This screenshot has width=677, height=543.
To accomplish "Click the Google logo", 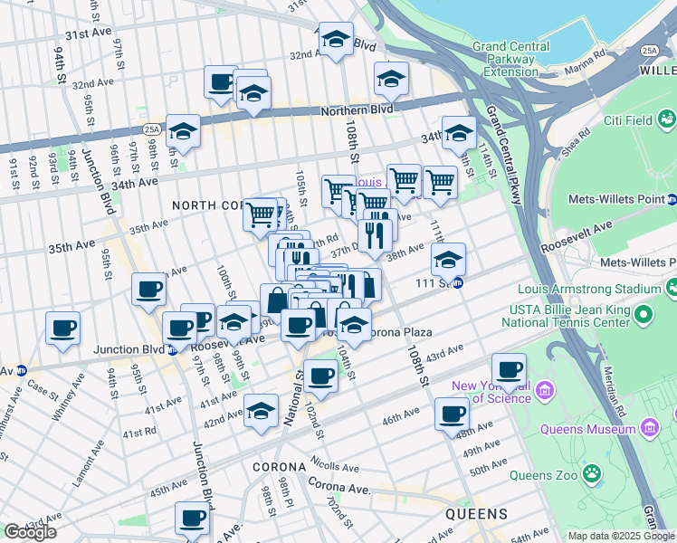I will coord(30,532).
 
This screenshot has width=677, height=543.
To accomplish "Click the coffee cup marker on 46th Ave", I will coord(452,414).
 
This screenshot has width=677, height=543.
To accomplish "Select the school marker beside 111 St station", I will coord(448,260).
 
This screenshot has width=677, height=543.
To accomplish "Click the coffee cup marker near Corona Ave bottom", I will coord(192,519).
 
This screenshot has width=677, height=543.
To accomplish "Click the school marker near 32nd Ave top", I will coord(336,40).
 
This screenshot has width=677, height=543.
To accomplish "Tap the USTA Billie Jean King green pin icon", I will coord(644,315).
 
